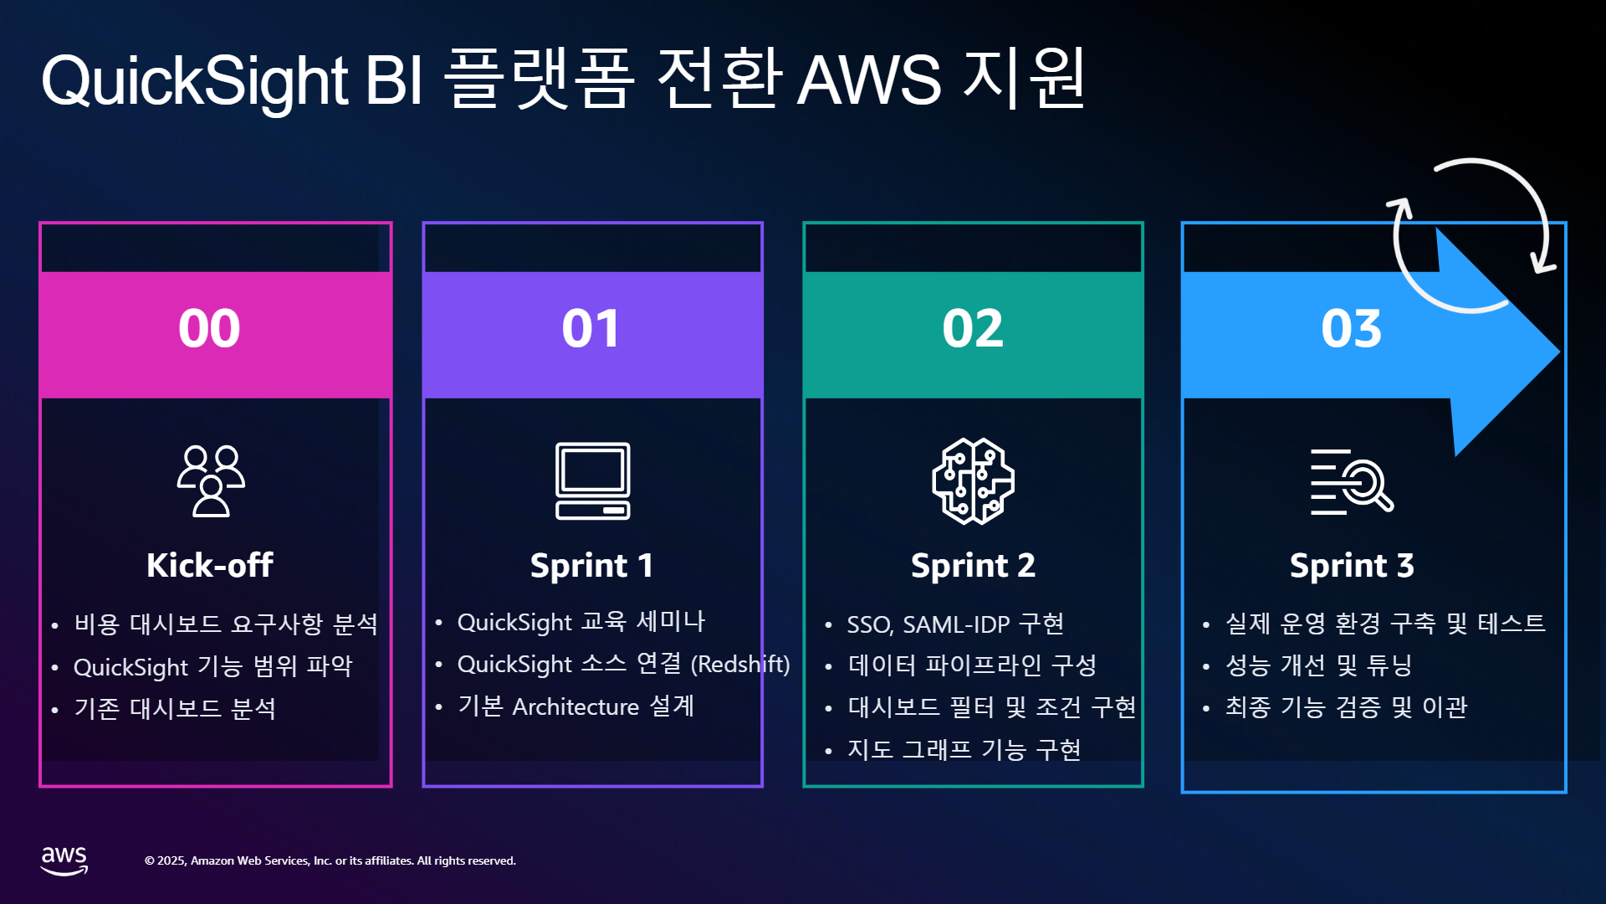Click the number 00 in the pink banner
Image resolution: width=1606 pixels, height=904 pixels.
209,328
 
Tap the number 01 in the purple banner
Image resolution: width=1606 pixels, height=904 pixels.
591,328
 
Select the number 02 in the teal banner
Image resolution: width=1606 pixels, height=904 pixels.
973,328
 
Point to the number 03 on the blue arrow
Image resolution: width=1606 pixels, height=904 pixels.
1352,328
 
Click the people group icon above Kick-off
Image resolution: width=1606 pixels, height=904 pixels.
211,481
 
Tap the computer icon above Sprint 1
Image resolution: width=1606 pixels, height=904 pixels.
593,481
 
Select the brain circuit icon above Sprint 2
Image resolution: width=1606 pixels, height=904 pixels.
973,481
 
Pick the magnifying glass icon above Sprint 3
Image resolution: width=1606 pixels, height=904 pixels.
1352,481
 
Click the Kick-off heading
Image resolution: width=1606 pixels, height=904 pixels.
210,565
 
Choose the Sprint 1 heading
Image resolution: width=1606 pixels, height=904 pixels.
591,566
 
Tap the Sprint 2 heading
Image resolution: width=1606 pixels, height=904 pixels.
973,566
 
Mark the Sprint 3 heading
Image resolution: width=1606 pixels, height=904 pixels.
1352,566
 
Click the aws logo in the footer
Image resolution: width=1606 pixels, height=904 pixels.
64,860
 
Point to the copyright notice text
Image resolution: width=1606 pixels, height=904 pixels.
330,860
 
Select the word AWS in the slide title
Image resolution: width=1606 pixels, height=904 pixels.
869,80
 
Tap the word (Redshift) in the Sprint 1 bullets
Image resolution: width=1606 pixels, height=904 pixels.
740,665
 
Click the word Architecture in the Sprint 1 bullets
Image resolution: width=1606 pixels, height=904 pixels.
575,707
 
